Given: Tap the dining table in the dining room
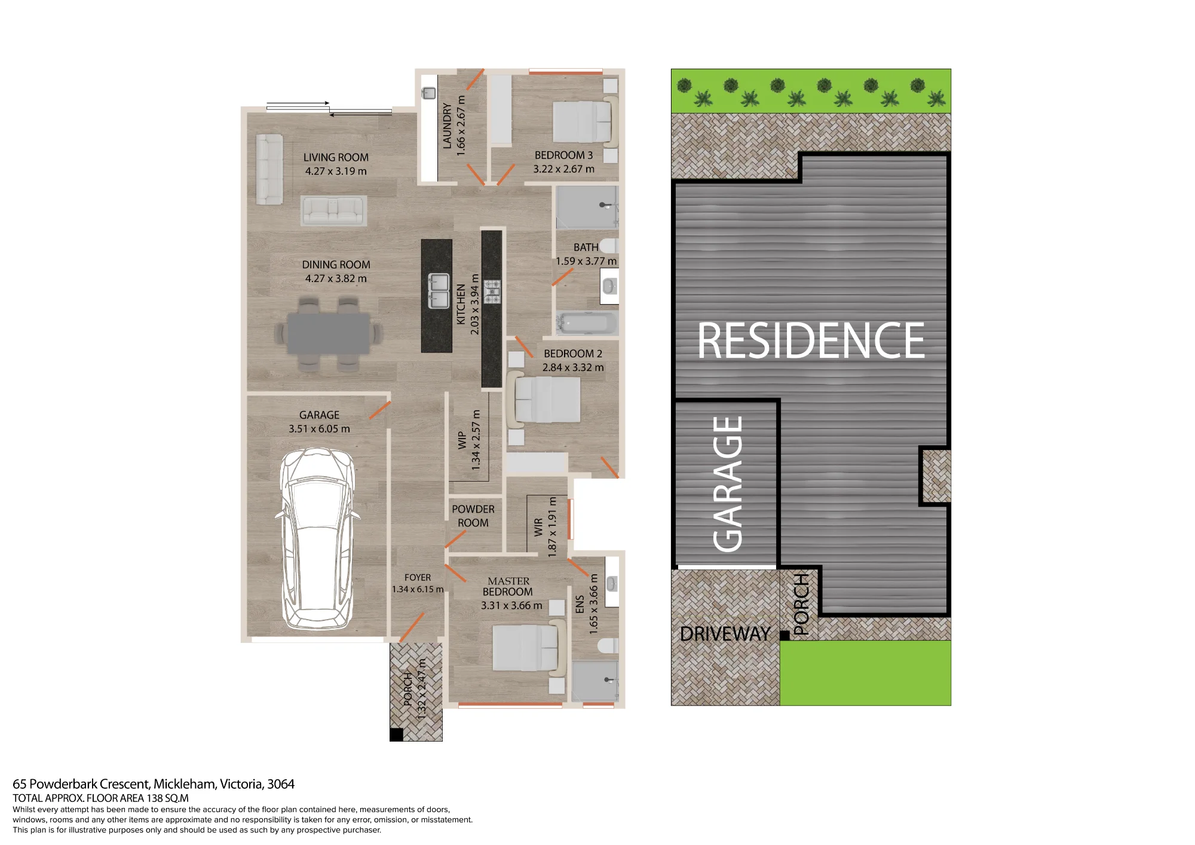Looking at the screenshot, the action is point(328,333).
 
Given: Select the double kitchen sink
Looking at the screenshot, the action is point(439,291).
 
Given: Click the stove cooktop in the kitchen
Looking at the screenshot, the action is point(492,291).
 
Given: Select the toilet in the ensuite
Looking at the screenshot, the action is point(609,646).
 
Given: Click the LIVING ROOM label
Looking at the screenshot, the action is point(336,158).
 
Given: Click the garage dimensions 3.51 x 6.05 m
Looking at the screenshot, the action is point(319,428).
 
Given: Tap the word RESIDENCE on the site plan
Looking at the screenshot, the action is point(811,341).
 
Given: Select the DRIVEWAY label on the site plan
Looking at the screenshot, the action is point(725,633).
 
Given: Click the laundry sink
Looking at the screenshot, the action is point(429,93).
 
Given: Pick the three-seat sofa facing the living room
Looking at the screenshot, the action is point(333,211).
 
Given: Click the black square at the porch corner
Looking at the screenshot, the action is point(396,734).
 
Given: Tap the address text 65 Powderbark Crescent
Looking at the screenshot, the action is point(81,784).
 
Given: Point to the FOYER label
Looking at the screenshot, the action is point(418,577).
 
